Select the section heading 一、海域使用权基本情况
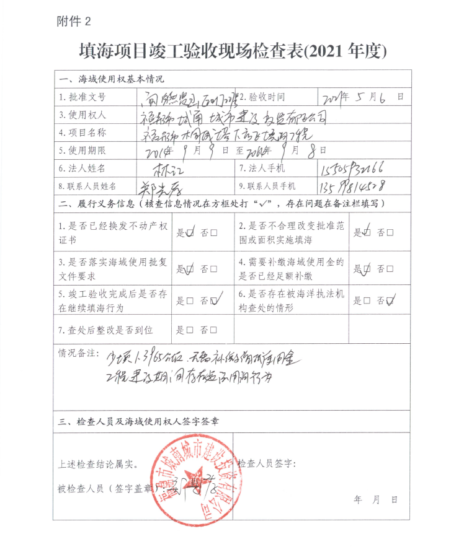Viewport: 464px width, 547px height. point(111,79)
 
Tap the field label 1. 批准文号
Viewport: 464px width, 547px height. point(83,97)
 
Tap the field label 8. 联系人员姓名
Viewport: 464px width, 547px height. point(87,186)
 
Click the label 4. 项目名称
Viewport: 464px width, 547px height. point(83,133)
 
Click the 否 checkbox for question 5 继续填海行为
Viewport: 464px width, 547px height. point(215,301)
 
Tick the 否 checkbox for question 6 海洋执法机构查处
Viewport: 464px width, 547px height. point(391,301)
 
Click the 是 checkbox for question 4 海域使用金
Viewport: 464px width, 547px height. point(367,269)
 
